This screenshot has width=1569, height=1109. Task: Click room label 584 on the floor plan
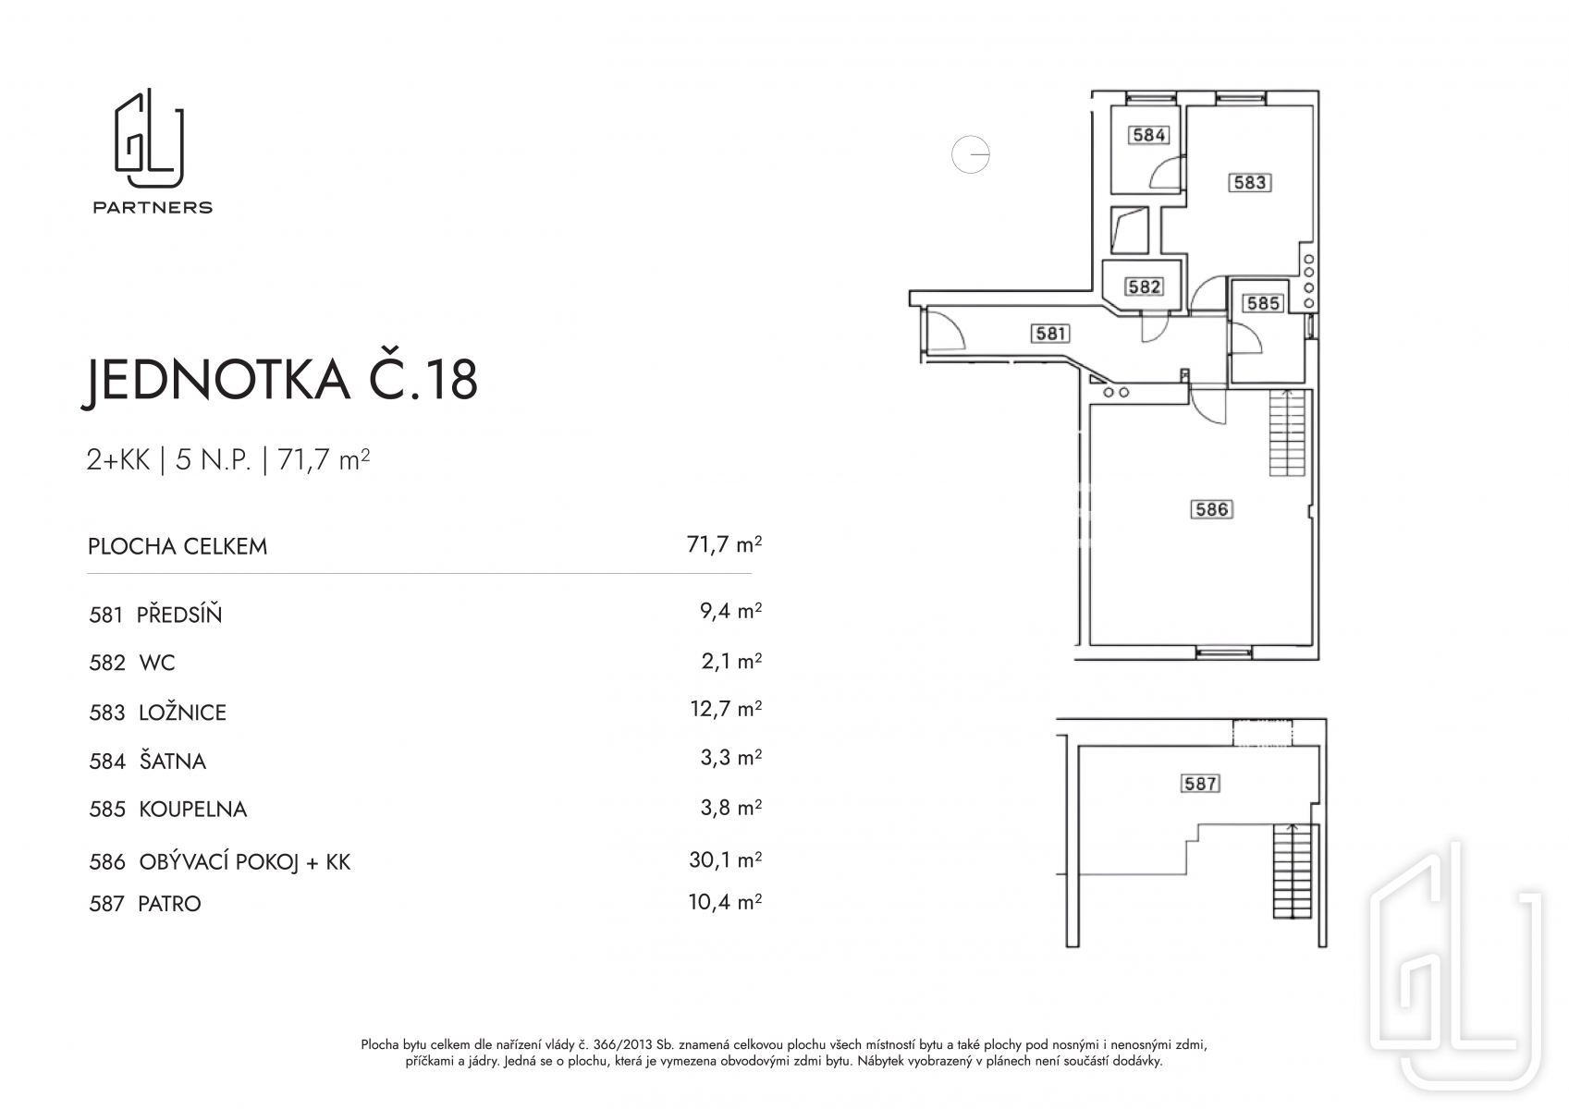1148,134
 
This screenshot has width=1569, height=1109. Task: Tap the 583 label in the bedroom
1250,183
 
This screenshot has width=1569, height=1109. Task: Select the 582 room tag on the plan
1145,286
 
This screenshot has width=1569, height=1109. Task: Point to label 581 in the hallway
1050,334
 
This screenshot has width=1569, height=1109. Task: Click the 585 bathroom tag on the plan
1263,303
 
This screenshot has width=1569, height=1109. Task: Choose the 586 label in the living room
1212,509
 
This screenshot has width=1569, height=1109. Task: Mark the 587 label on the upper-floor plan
1200,784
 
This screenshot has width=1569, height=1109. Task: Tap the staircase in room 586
1287,433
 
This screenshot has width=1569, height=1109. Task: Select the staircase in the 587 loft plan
1293,871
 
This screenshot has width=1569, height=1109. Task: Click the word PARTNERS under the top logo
153,207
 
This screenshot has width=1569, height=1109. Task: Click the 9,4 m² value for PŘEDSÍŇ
730,611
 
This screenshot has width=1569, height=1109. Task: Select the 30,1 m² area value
726,859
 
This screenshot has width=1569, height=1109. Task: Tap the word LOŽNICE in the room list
183,713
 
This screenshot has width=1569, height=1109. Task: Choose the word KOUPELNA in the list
192,810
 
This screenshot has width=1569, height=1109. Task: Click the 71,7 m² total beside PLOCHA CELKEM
724,544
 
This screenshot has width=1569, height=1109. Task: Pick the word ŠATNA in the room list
172,761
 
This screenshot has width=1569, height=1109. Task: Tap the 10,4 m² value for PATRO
725,902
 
